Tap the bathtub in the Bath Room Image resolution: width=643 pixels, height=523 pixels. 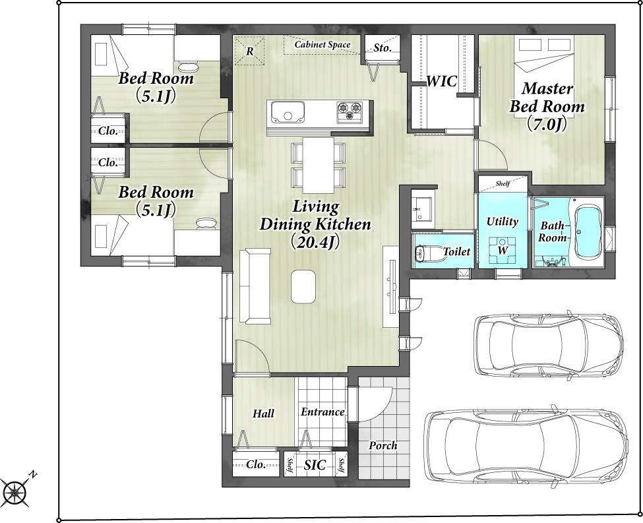tap(588, 231)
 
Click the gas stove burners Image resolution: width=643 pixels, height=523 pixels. tap(350, 111)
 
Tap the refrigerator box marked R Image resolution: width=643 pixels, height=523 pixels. tap(249, 51)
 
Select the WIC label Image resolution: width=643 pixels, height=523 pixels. tap(441, 81)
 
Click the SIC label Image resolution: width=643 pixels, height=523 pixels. tap(315, 465)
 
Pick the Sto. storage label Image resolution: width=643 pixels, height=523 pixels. tap(383, 48)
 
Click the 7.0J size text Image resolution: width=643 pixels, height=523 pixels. tap(547, 124)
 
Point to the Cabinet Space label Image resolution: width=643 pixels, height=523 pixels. tap(322, 44)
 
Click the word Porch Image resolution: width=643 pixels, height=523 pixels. tap(383, 445)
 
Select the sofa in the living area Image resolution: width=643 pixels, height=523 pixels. tap(255, 286)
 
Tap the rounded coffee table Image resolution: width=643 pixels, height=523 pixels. tap(303, 287)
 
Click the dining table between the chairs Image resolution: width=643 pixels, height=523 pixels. tap(319, 165)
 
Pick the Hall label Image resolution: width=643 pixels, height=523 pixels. tap(263, 414)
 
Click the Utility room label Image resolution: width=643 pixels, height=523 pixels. tap(503, 222)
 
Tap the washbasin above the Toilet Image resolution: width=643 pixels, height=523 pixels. tap(422, 208)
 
